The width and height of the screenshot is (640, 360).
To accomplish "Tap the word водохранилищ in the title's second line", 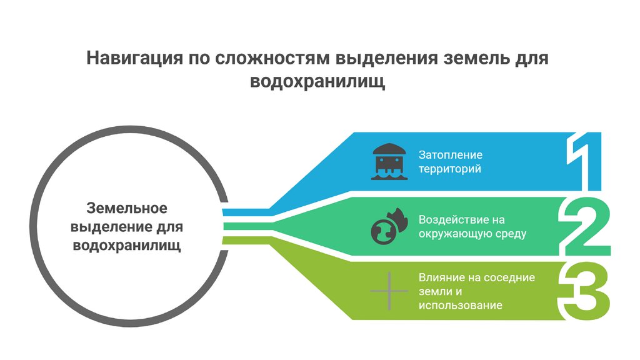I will click(x=317, y=81).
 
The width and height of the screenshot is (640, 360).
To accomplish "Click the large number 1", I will click(x=584, y=161).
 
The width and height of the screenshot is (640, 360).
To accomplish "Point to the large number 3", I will click(x=585, y=291).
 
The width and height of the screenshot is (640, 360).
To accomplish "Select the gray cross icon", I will click(x=389, y=291).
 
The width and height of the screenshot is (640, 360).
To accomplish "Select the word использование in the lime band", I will click(x=460, y=306).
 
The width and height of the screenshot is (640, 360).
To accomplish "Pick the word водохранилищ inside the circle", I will click(x=127, y=245).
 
